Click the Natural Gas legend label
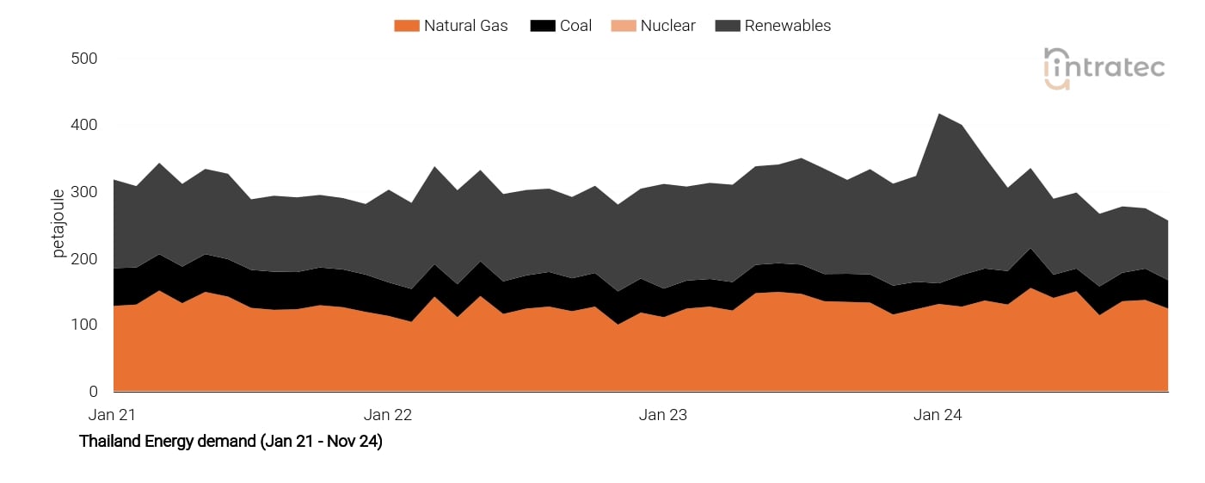point(465,26)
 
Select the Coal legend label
point(575,26)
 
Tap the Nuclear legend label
point(667,26)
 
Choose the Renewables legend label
point(787,26)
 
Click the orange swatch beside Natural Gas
point(406,26)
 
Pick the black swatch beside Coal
point(542,26)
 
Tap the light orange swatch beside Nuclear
point(623,26)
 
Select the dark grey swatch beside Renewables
point(727,26)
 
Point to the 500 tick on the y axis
point(83,59)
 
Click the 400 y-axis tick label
point(83,126)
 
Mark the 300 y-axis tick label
point(83,192)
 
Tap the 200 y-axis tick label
point(83,259)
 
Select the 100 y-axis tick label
point(83,325)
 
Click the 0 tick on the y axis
point(93,392)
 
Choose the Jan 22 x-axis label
point(388,415)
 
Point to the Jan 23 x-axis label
point(663,415)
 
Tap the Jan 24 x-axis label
point(938,415)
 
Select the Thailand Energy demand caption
point(231,442)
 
